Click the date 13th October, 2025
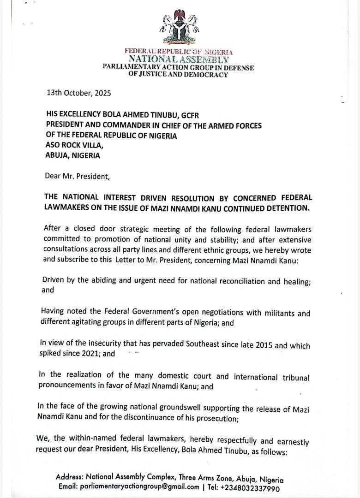tap(79, 92)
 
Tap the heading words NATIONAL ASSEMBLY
tap(178, 59)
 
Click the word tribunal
tap(294, 378)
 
